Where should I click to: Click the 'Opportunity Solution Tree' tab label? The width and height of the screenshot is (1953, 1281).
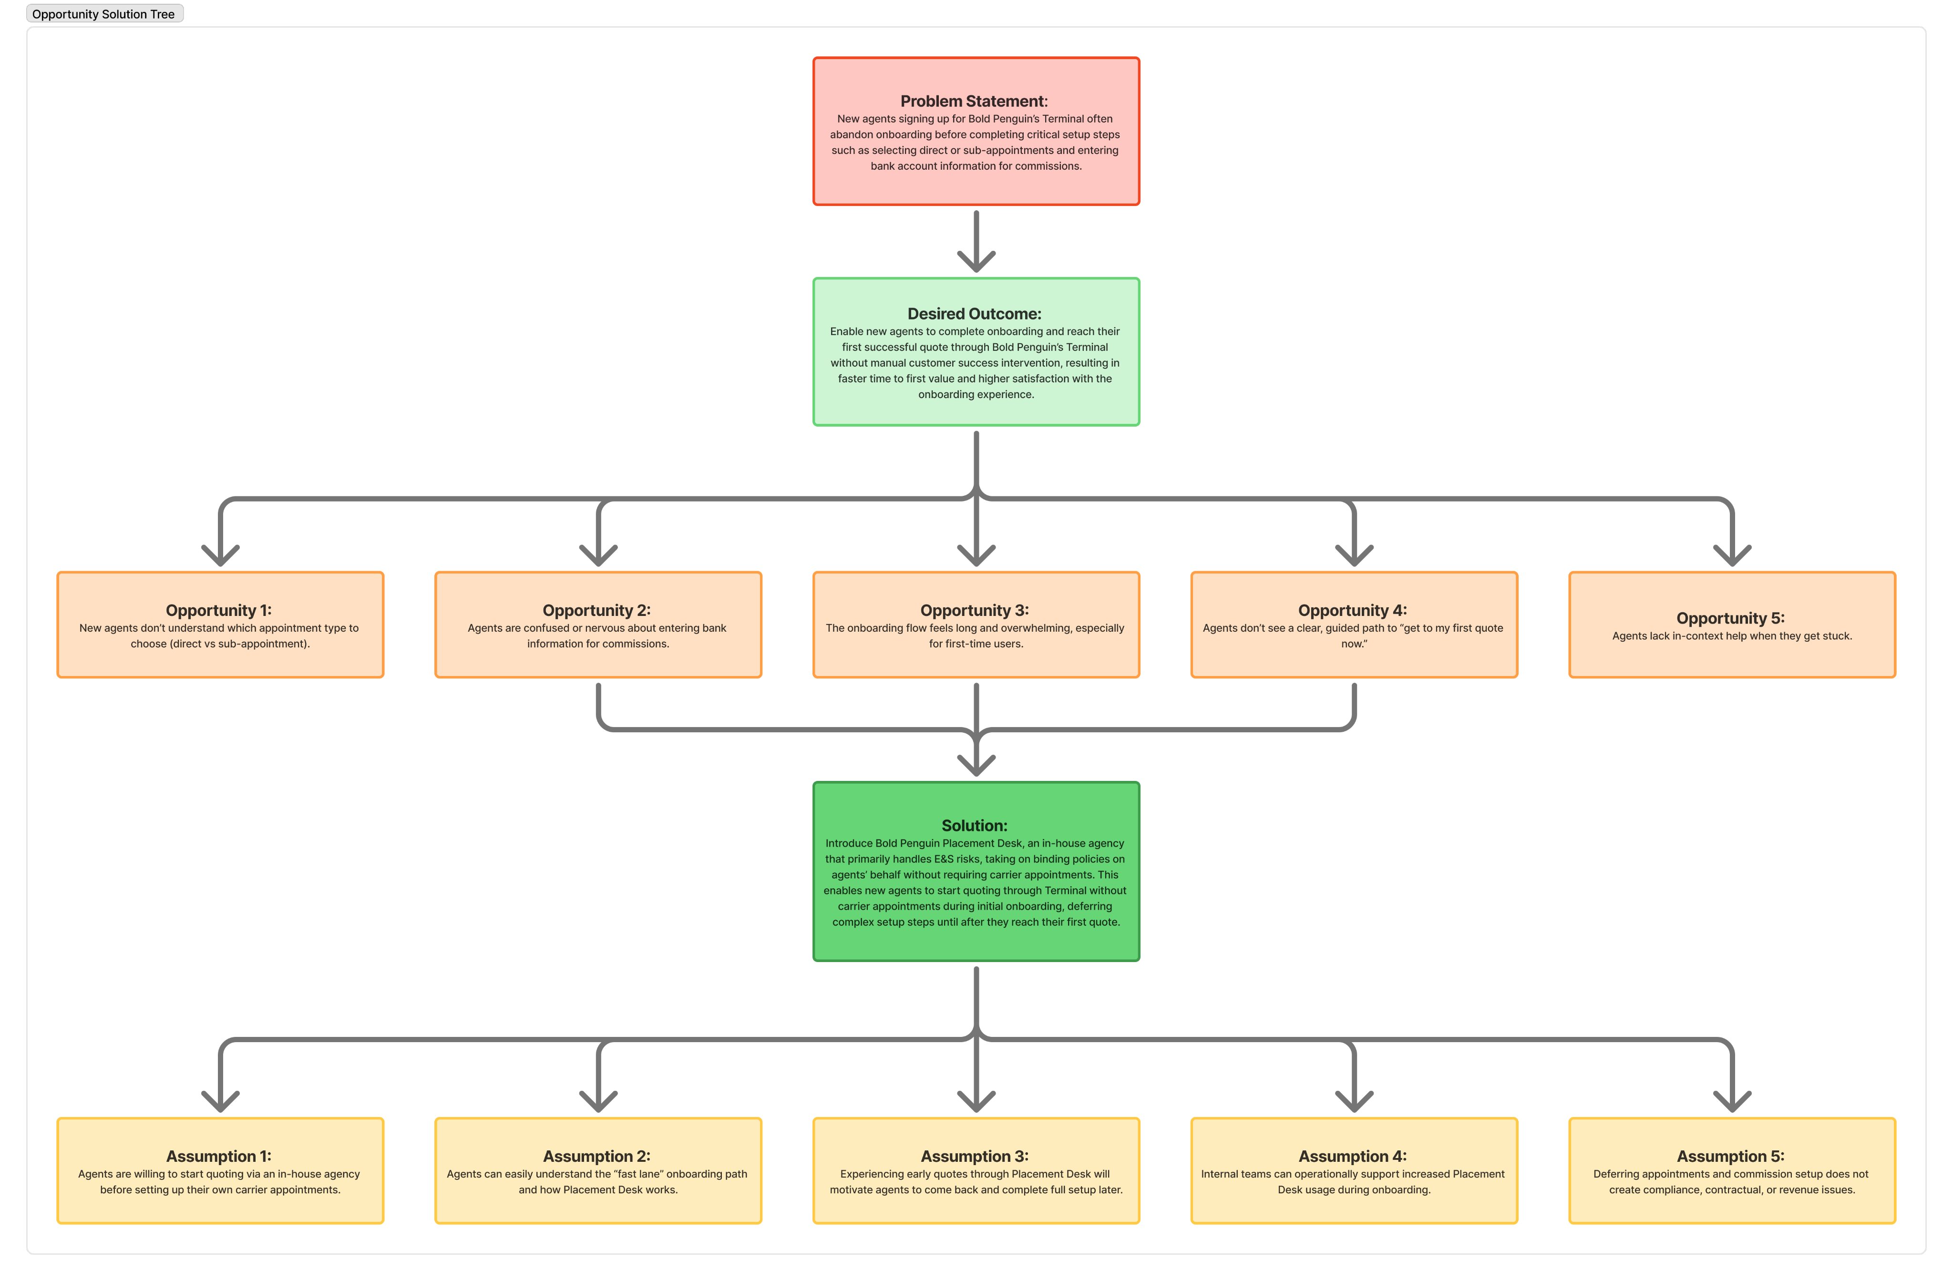[103, 14]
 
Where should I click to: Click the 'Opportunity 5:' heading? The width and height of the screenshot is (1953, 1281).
[1731, 618]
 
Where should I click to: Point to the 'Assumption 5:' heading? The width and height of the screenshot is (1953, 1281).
[1731, 1156]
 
